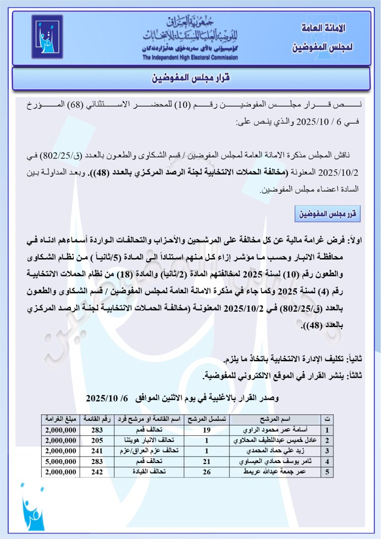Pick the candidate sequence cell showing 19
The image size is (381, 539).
[x=207, y=430]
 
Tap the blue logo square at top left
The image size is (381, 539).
[x=47, y=36]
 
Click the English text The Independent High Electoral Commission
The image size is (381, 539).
[x=190, y=58]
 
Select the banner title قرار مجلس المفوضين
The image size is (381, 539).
[x=190, y=79]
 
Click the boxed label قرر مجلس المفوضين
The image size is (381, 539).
[x=327, y=214]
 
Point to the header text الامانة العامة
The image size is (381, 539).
[x=323, y=28]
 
